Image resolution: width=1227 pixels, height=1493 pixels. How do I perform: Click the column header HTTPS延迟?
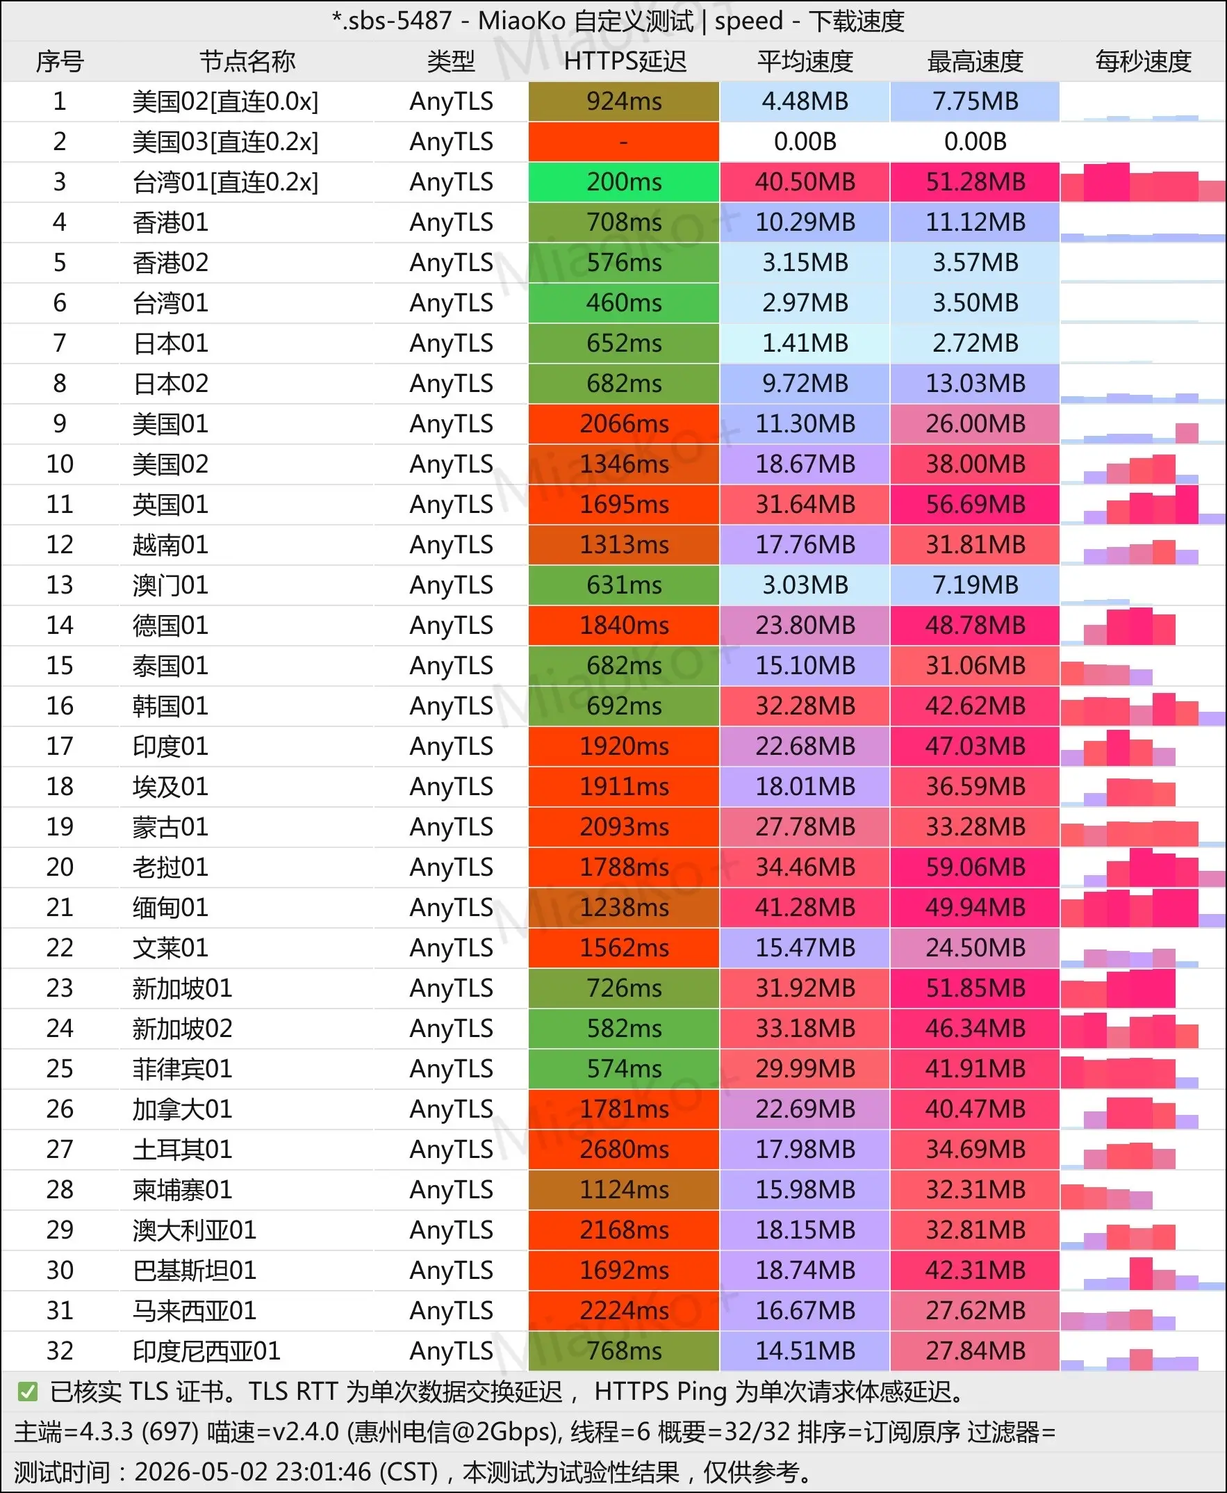(x=625, y=61)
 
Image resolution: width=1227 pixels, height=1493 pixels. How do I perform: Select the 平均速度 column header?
(x=805, y=61)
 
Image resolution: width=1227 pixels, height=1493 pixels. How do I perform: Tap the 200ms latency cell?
(x=624, y=182)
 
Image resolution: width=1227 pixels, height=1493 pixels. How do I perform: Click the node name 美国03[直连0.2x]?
(x=226, y=142)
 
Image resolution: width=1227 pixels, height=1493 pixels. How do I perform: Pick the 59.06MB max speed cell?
(x=975, y=867)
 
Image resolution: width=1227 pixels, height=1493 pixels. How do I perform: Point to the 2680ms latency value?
(x=624, y=1150)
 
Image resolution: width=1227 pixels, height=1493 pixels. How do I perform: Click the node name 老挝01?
(x=170, y=867)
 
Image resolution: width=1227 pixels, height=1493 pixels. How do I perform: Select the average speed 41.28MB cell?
(x=805, y=908)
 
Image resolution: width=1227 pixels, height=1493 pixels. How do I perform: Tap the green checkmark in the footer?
(x=28, y=1392)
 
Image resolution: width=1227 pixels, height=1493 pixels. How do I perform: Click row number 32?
(x=60, y=1351)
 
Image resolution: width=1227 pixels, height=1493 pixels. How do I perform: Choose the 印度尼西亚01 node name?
(x=206, y=1351)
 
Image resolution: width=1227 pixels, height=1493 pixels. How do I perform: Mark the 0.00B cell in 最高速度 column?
(x=975, y=142)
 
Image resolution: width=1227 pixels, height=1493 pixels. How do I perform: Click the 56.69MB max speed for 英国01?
(x=975, y=505)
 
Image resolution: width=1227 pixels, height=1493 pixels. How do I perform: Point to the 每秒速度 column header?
(x=1143, y=61)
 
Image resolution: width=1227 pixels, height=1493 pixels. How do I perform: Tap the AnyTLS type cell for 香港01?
(x=451, y=222)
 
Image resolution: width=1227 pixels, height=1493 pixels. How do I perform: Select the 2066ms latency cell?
(x=624, y=424)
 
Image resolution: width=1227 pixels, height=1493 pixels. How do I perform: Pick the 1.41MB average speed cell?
(x=805, y=343)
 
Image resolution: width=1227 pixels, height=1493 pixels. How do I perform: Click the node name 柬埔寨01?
(x=182, y=1190)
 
